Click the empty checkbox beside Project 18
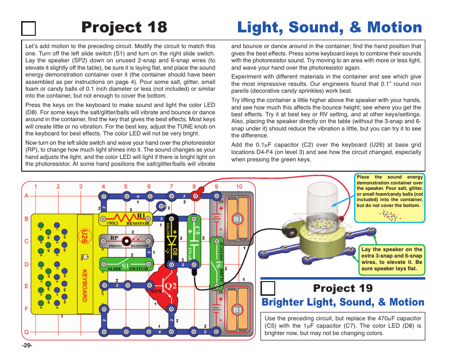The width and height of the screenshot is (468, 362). coord(29,29)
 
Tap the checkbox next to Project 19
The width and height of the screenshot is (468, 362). coord(268,288)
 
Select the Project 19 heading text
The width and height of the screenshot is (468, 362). coord(343,287)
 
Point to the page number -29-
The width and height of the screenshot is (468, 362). coord(26,345)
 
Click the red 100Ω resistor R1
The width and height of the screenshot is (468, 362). coord(126,218)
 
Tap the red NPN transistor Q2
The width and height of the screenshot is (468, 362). coord(164,287)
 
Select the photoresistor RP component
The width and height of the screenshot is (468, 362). coord(126,241)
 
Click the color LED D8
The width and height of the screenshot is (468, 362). coord(172,240)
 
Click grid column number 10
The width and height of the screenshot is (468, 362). coord(239,186)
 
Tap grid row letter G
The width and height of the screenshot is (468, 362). coord(26,332)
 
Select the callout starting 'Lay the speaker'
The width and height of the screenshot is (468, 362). coord(391,259)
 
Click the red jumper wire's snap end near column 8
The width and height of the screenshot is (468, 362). coord(195,197)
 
